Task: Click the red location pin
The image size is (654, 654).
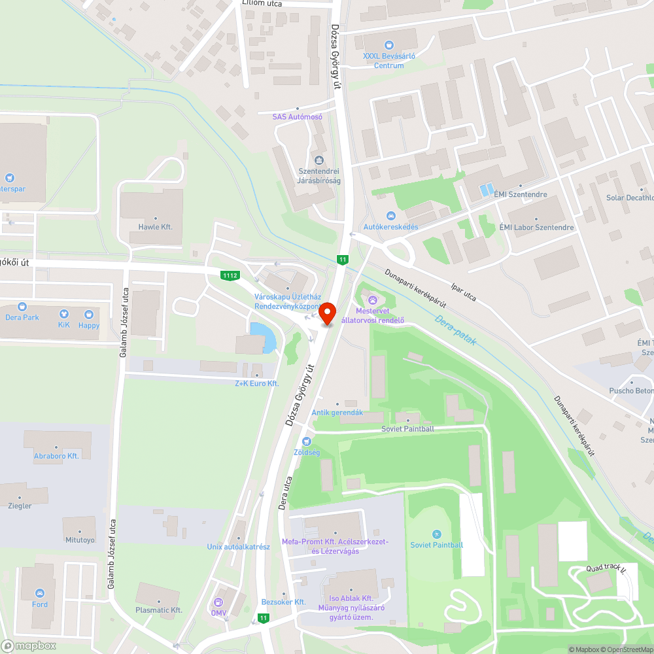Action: point(327,313)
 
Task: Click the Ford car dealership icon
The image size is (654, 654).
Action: point(41,594)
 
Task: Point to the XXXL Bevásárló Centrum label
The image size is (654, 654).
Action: point(389,60)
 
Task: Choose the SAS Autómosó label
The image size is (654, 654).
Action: point(298,116)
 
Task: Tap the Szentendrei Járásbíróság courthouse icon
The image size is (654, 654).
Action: point(319,160)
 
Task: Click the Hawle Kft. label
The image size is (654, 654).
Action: point(155,226)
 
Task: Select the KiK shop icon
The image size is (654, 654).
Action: point(63,314)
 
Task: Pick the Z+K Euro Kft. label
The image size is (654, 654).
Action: point(257,383)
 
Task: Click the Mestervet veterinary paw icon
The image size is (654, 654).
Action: point(373,300)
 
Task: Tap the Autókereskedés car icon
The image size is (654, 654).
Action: point(390,216)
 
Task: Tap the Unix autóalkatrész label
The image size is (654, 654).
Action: point(238,546)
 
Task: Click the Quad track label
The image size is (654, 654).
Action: point(606,569)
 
